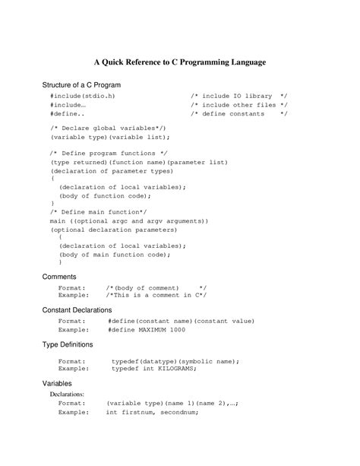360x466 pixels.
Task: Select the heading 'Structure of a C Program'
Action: point(81,84)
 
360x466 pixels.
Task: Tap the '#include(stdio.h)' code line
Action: point(84,97)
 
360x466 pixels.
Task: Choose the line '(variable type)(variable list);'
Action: point(109,138)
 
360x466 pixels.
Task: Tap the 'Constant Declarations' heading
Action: point(77,310)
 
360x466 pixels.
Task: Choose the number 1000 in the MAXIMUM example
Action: point(177,329)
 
